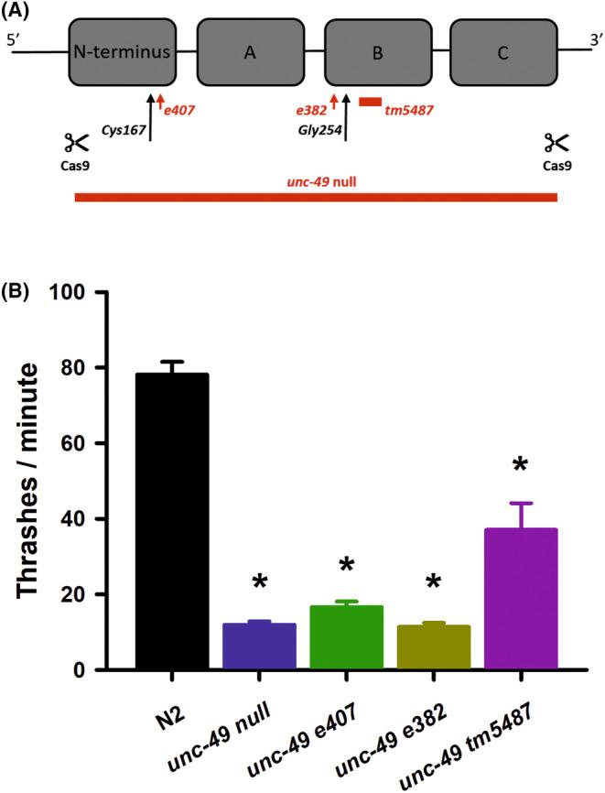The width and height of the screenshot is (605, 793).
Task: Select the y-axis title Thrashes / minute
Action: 30,481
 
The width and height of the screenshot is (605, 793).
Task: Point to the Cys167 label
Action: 121,129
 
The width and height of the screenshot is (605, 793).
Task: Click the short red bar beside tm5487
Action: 370,102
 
